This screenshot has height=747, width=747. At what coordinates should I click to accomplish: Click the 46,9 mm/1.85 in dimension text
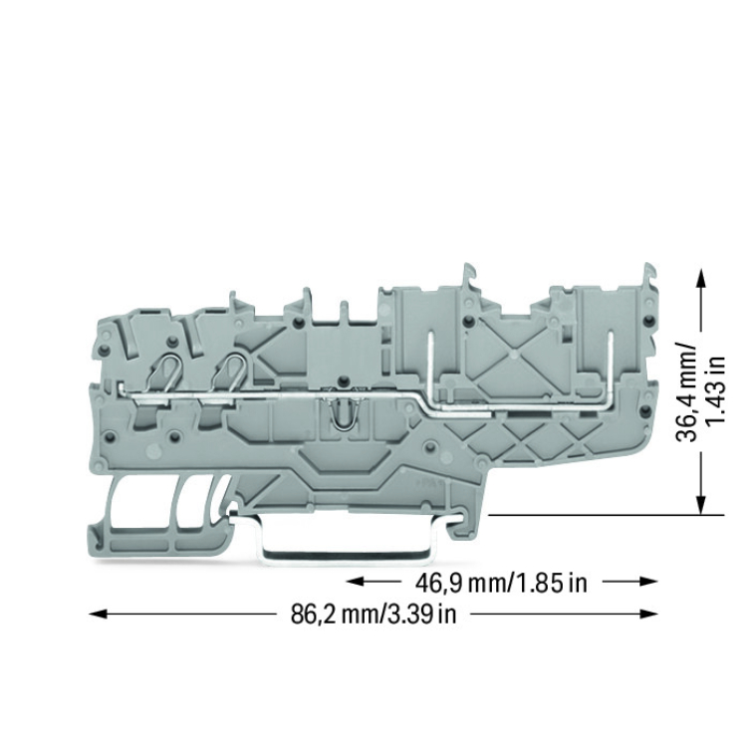click(x=501, y=583)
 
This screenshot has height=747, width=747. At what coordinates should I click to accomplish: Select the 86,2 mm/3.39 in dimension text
click(x=373, y=615)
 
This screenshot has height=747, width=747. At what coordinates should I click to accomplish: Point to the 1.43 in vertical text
click(x=715, y=389)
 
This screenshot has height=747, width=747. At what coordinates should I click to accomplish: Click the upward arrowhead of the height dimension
click(x=700, y=277)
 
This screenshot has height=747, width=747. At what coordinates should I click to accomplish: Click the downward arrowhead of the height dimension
click(x=700, y=505)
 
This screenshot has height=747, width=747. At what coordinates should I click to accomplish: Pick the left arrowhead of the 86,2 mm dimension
click(x=99, y=615)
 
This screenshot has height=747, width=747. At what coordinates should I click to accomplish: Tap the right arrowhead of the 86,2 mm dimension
click(x=648, y=615)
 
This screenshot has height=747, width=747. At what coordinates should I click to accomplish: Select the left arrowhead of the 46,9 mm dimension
click(x=356, y=582)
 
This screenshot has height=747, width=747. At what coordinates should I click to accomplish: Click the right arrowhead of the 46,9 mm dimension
click(x=648, y=582)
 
